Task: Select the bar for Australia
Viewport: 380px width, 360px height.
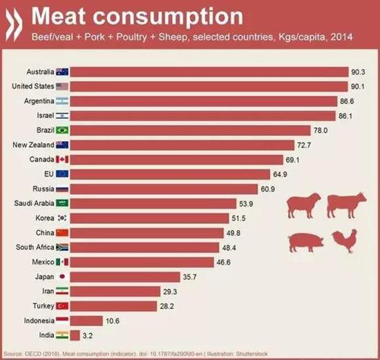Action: point(207,71)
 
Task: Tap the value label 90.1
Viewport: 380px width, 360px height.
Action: point(358,86)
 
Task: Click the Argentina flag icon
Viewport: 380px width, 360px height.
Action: point(61,100)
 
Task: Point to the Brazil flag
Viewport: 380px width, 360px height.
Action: point(61,130)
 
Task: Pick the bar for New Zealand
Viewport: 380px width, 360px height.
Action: point(180,144)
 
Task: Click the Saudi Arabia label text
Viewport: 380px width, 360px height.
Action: point(31,203)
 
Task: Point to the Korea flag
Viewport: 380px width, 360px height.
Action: point(61,218)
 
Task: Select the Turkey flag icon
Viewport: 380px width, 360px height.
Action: point(61,306)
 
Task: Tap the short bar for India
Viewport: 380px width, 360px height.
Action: point(75,335)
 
